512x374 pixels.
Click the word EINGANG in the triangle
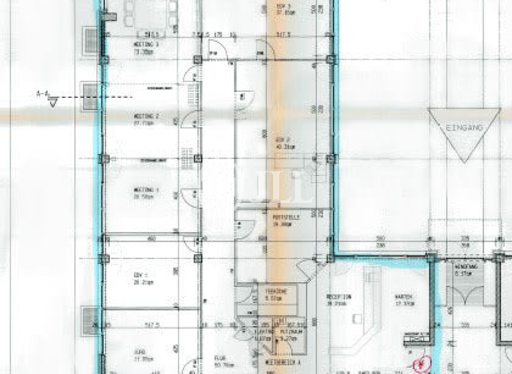coord(464,126)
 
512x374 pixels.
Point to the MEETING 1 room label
coord(145,190)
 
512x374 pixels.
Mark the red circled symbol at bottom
coord(421,365)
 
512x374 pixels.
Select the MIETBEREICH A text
coord(283,361)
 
